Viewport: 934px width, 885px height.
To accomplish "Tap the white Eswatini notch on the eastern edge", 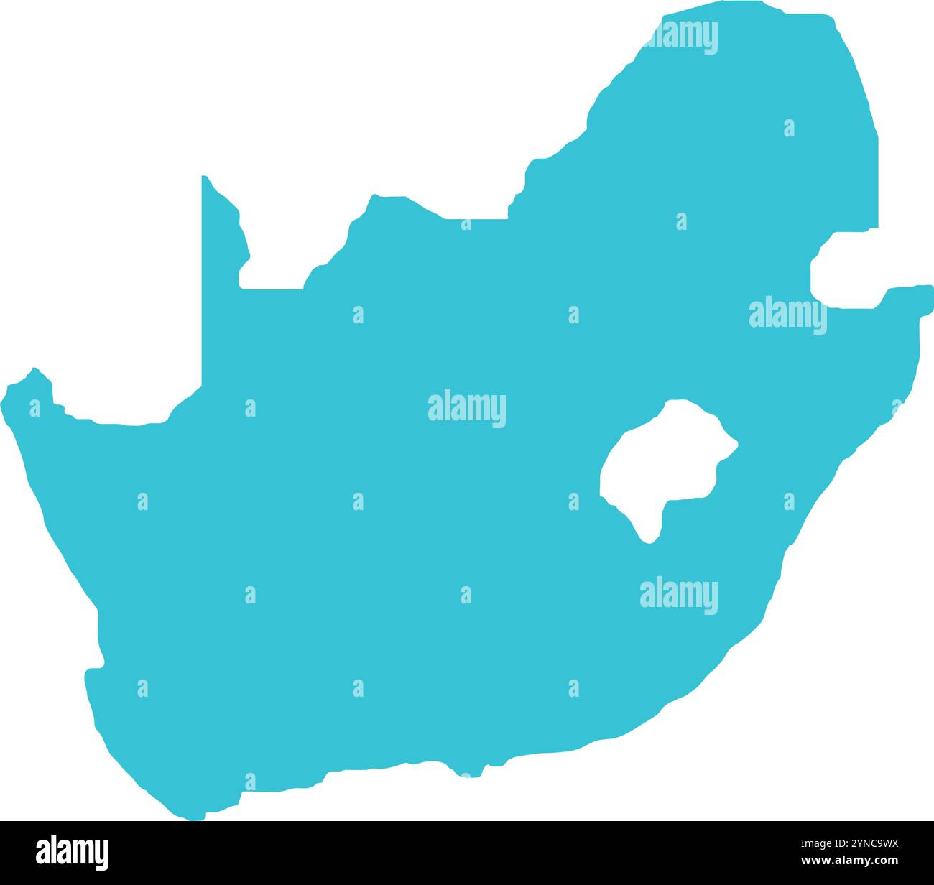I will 844,269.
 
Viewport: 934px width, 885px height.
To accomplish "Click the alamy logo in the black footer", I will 73,852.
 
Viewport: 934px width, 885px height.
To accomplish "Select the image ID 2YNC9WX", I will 862,844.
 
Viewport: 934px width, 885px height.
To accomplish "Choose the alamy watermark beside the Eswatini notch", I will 787,315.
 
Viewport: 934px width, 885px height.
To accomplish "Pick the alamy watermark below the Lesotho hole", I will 678,595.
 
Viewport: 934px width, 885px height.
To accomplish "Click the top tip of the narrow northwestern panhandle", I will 205,177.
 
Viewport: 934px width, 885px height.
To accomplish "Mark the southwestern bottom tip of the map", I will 193,816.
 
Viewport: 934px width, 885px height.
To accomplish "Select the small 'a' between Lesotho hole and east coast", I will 789,501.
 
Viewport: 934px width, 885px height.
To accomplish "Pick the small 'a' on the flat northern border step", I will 466,223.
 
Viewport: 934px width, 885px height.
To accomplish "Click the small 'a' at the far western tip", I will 34,408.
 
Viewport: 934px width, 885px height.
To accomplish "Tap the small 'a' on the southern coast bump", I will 466,776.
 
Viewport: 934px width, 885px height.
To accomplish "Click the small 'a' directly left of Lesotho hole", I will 573,501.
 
